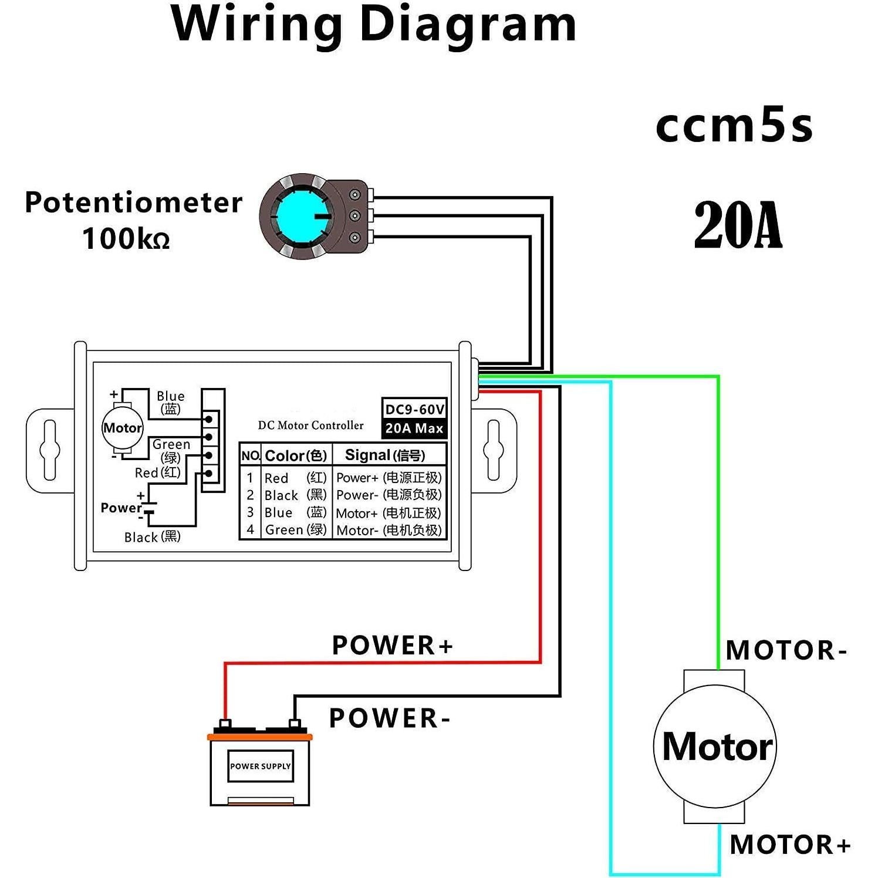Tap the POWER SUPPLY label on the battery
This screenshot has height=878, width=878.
(260, 766)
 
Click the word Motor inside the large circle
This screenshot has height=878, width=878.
(717, 747)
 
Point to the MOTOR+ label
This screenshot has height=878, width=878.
(790, 845)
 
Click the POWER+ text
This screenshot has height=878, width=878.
(392, 645)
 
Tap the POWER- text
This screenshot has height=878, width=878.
(389, 718)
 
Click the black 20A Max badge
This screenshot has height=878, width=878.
(414, 428)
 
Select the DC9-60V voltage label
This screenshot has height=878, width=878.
(414, 409)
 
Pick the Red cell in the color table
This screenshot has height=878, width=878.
(276, 478)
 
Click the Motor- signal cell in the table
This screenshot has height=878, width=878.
(388, 531)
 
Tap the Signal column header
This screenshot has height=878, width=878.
(384, 455)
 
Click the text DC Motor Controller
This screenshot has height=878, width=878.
(310, 426)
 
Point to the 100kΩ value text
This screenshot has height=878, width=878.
(126, 238)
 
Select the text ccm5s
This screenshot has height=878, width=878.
(734, 126)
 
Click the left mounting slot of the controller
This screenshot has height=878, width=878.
(49, 450)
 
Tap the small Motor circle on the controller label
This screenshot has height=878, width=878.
(122, 428)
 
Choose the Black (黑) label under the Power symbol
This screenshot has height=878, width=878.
(152, 537)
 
